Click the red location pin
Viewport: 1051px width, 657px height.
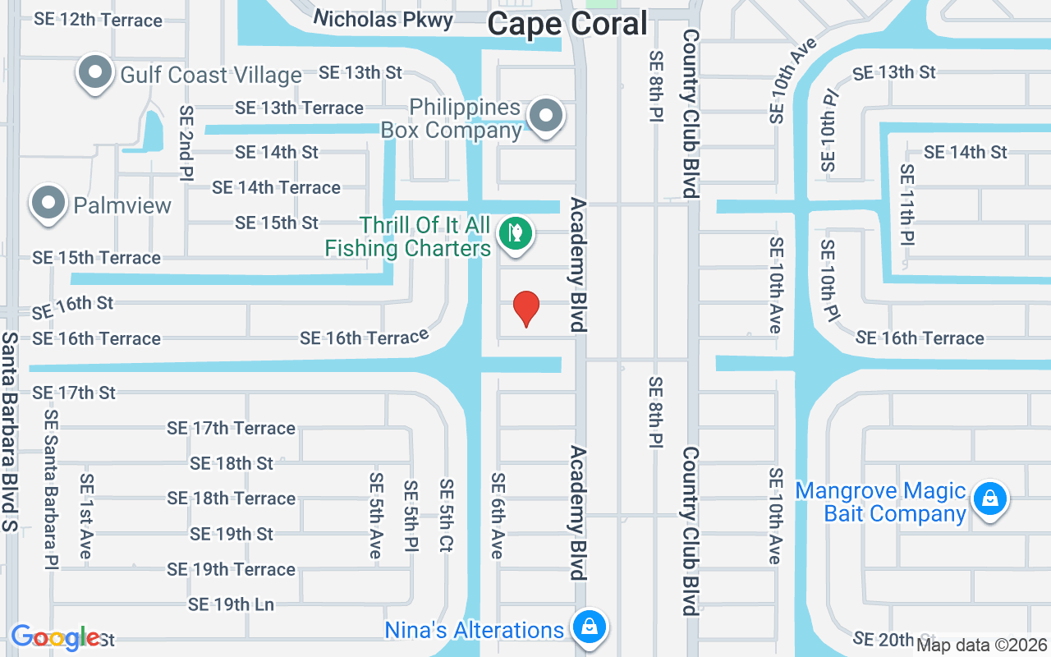point(525,308)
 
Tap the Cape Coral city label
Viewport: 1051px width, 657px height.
point(567,24)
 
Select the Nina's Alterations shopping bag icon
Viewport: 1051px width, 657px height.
point(589,628)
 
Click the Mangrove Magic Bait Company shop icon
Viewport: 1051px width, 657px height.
point(989,498)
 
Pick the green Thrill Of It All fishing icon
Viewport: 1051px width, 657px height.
point(516,234)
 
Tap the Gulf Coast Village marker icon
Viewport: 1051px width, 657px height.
point(95,73)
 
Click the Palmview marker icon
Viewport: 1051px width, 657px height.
point(48,203)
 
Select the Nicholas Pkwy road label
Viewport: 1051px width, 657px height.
point(383,19)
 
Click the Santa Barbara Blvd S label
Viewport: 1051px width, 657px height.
point(10,431)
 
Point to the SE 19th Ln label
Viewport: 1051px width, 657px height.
point(231,604)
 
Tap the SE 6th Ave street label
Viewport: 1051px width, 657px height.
point(497,516)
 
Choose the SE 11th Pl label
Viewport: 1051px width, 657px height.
point(906,205)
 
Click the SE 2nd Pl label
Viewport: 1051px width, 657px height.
point(186,143)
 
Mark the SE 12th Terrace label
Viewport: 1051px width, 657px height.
point(98,20)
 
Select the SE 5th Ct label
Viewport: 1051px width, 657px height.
point(446,516)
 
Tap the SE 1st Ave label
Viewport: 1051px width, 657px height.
point(86,516)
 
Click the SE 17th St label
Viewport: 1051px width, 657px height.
point(74,393)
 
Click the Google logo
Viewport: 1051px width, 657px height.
point(55,637)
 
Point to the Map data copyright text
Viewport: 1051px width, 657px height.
point(982,646)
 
